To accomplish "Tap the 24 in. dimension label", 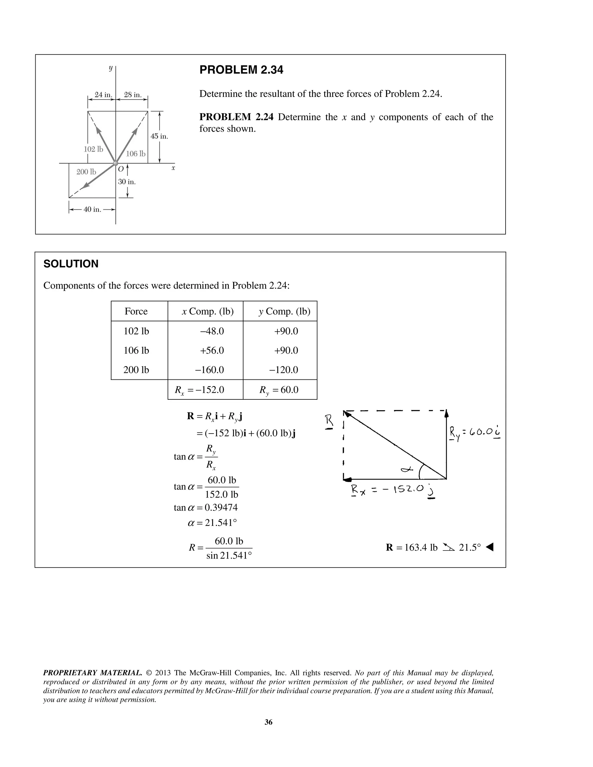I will pos(103,95).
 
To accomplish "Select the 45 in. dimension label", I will pos(159,136).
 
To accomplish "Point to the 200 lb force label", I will pos(86,172).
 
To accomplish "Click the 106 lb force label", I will pos(136,153).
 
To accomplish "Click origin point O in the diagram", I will pos(116,163).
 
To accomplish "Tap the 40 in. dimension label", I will pos(92,210).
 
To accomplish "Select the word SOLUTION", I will pos(71,264).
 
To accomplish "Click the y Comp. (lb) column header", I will pos(284,311).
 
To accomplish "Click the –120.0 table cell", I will pos(283,370).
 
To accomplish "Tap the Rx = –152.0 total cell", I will pos(200,390).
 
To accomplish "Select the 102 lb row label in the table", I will pos(136,331).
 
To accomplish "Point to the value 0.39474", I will pos(221,507).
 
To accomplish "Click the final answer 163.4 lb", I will pos(420,548).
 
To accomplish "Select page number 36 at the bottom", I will pos(268,722).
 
